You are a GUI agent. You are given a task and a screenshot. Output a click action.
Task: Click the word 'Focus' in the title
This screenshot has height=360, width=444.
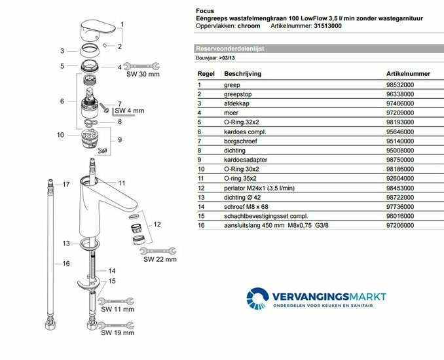[205, 11]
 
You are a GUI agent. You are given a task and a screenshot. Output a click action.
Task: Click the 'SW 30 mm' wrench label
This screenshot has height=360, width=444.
[143, 75]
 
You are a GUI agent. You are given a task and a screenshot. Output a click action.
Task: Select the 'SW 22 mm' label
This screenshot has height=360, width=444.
[160, 259]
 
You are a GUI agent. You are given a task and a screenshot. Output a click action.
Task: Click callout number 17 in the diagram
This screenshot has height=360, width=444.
[65, 185]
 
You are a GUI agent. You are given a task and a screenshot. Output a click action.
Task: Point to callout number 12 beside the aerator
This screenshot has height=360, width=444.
[157, 225]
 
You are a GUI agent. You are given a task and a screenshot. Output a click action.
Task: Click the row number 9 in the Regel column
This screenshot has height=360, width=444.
[199, 159]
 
